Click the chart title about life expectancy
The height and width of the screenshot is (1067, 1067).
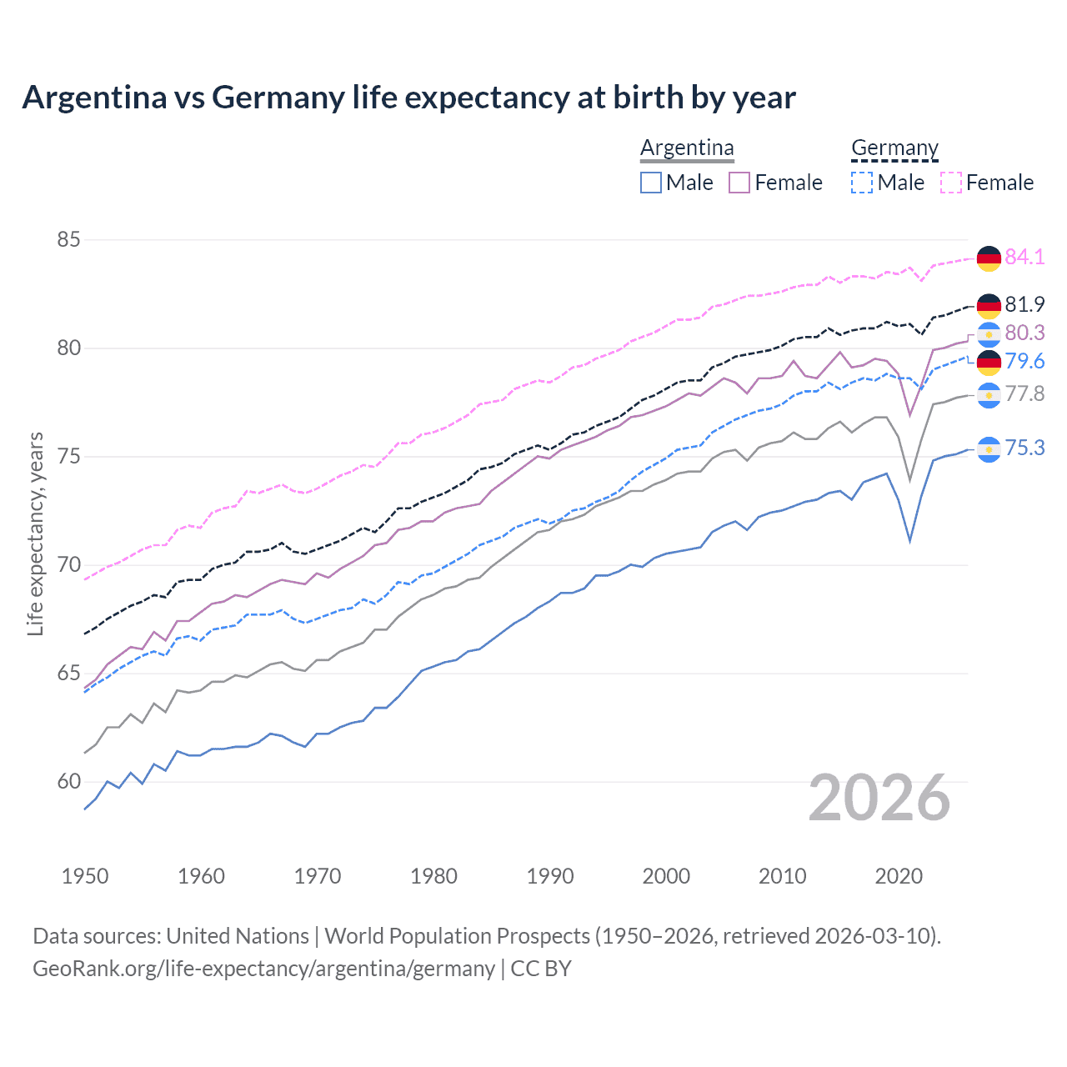coord(408,98)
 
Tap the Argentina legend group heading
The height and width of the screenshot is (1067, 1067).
coord(687,148)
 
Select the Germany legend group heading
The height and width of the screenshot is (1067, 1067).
coord(894,148)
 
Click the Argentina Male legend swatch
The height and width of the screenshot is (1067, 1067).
coord(651,183)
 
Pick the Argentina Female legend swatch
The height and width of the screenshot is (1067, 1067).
coord(739,183)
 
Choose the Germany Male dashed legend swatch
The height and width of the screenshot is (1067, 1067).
coord(862,183)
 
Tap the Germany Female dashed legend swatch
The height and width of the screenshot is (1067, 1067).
coord(951,183)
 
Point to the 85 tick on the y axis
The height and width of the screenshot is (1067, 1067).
coord(68,240)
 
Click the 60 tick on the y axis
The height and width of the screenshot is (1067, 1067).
coord(68,782)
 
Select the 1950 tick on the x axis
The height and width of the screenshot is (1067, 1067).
coord(85,876)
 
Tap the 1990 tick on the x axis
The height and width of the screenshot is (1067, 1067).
coord(550,876)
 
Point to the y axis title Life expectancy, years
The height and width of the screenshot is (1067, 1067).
coord(35,533)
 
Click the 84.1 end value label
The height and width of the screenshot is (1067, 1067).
coord(1024,258)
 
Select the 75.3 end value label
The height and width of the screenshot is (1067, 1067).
coord(1024,448)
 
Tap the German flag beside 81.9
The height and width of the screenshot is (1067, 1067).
coord(989,306)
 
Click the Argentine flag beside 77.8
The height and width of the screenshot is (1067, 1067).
coord(989,395)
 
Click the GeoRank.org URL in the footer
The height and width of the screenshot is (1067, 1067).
coord(263,969)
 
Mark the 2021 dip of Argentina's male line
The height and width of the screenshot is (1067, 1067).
coord(910,541)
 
